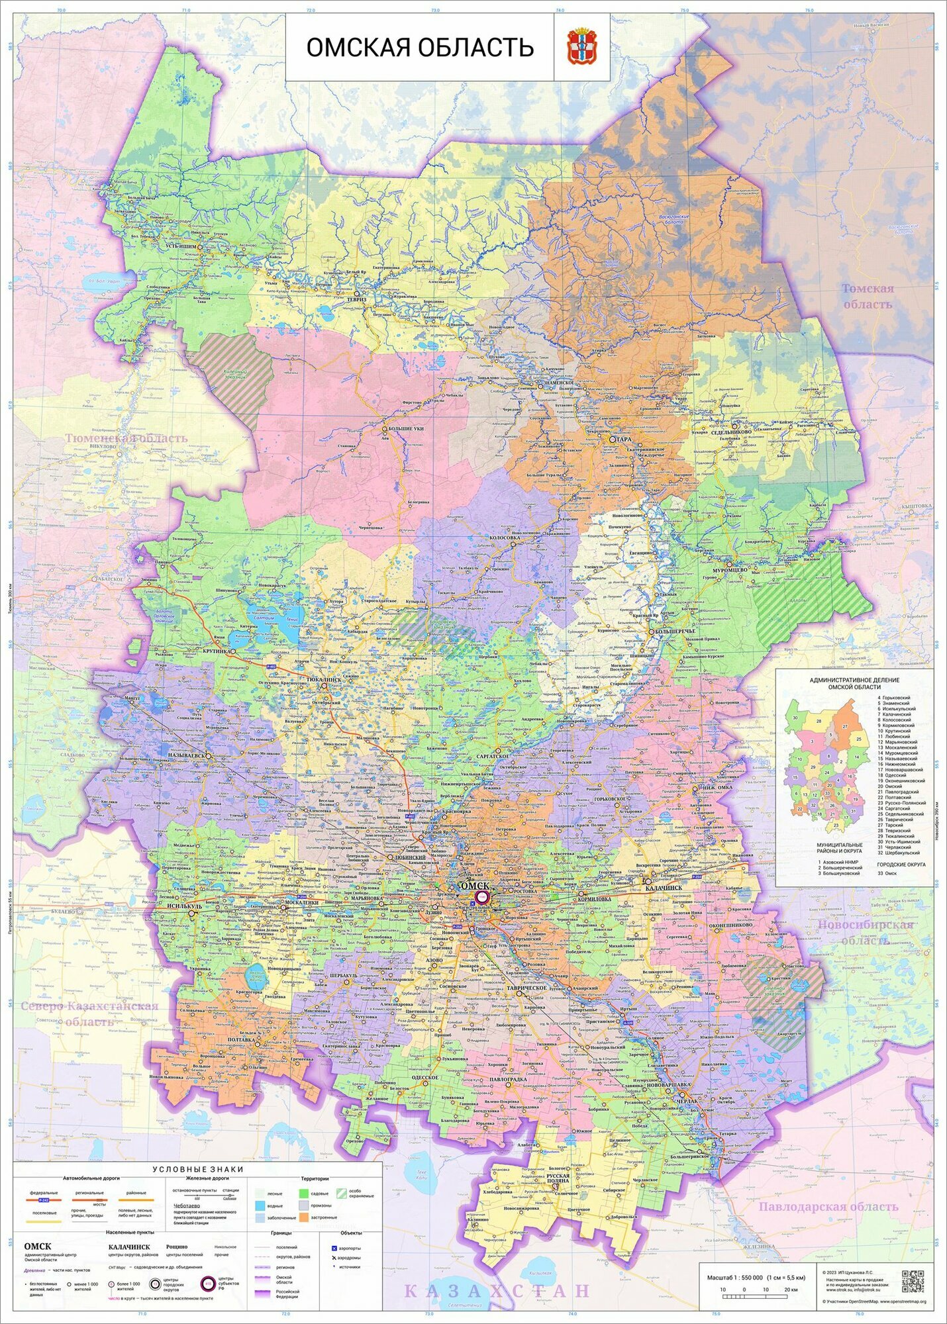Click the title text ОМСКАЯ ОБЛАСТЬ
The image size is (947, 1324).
pyautogui.click(x=419, y=48)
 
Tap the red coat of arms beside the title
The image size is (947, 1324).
pyautogui.click(x=581, y=47)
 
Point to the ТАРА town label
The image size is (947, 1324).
pyautogui.click(x=623, y=440)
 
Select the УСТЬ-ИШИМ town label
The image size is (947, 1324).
pyautogui.click(x=180, y=246)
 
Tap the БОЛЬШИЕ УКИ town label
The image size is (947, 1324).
pyautogui.click(x=405, y=430)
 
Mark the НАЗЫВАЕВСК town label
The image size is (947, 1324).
pyautogui.click(x=187, y=755)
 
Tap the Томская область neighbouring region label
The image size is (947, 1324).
pyautogui.click(x=868, y=296)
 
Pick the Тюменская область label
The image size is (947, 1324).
pyautogui.click(x=126, y=438)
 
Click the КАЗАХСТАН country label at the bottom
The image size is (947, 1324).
pyautogui.click(x=496, y=1290)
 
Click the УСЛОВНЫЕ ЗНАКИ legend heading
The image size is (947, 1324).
pyautogui.click(x=197, y=1170)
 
